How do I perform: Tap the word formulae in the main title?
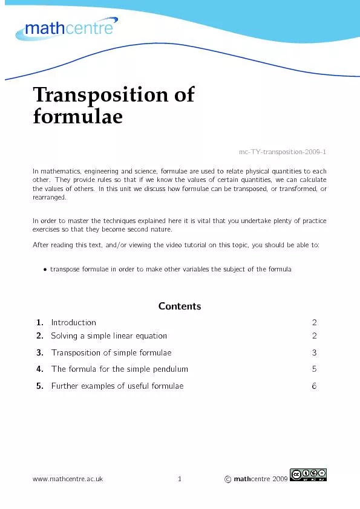[x=77, y=116]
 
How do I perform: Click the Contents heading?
[x=180, y=306]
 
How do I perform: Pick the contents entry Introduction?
[x=73, y=323]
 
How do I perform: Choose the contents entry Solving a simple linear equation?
[x=109, y=336]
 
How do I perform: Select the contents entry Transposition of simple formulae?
[x=111, y=352]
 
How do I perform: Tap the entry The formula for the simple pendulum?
[x=120, y=369]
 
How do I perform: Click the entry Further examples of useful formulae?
[x=117, y=386]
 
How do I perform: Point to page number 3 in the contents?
[x=314, y=352]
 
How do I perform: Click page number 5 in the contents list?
[x=314, y=369]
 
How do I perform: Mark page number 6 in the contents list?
[x=314, y=386]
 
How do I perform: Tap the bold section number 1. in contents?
[x=39, y=323]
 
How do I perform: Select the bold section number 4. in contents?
[x=39, y=369]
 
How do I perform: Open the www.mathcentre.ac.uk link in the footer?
[x=68, y=479]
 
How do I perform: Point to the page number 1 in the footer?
[x=180, y=479]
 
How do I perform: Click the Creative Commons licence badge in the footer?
[x=309, y=476]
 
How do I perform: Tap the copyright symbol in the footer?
[x=227, y=479]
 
